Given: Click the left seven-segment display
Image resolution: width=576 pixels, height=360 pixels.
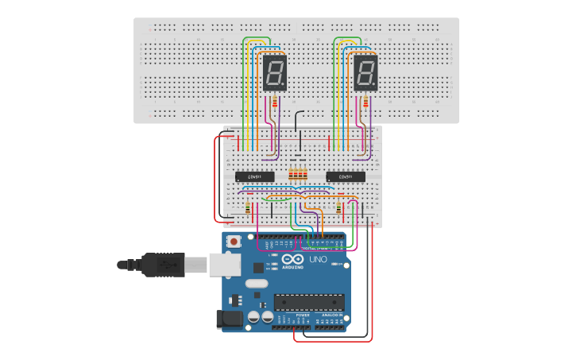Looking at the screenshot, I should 275,73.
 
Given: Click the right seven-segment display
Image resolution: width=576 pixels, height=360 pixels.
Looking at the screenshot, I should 365,73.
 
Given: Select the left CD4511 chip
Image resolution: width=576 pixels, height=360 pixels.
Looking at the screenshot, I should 255,176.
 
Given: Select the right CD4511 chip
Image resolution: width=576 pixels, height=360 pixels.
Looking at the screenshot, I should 346,176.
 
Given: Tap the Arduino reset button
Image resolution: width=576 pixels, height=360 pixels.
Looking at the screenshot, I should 234,241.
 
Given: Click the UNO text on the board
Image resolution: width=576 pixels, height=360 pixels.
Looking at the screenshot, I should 317,259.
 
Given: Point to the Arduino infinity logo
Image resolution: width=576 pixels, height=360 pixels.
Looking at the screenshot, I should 292,260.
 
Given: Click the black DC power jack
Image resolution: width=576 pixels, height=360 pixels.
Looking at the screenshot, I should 229,319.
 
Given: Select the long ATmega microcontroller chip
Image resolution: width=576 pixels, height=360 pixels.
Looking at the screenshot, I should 309,301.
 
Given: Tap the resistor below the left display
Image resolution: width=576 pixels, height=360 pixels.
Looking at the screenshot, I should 275,102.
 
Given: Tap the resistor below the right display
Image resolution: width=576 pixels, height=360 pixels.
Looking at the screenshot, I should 365,102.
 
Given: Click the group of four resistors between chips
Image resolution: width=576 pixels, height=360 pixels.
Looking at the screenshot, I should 298,175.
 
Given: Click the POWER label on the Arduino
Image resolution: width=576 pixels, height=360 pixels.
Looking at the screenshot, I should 303,315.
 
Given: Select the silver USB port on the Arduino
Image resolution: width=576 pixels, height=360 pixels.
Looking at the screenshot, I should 223,264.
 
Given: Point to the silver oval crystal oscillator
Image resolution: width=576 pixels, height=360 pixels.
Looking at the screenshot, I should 257,284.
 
